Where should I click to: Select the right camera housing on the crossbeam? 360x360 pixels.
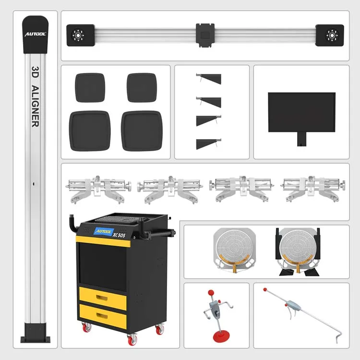[330, 35]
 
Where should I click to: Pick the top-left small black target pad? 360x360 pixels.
[90, 87]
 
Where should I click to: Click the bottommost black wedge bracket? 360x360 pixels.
[209, 144]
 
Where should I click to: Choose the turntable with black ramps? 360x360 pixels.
[297, 251]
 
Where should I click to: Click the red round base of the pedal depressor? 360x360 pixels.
[215, 334]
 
